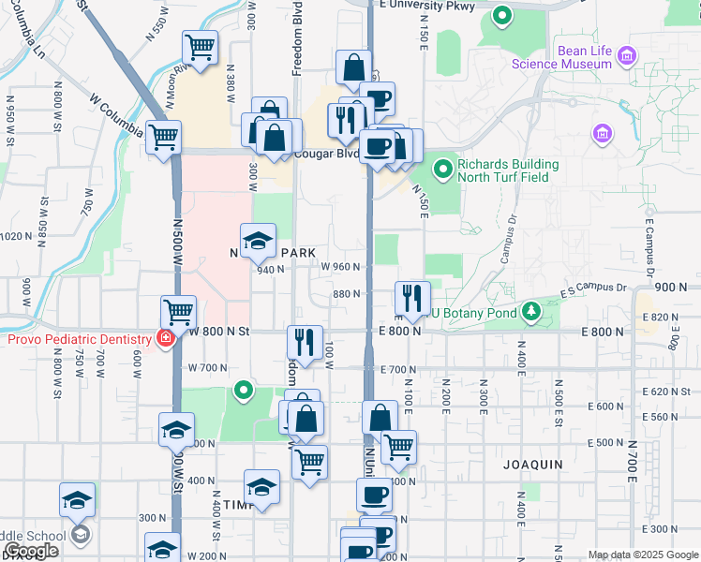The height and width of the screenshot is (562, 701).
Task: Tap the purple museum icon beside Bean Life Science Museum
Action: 625,57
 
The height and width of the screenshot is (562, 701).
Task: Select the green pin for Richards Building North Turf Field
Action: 443,170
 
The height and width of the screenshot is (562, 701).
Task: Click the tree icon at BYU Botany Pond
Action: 531,310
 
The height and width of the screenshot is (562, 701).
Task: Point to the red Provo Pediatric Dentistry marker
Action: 166,338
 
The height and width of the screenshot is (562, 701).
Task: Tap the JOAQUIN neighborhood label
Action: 532,464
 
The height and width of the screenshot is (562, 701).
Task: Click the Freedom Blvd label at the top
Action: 296,37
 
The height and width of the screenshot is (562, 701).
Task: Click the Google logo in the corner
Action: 31,552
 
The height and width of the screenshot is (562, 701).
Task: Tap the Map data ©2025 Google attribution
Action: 643,555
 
